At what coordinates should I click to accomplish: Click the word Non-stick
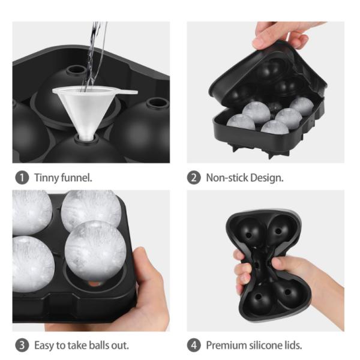coord(226,178)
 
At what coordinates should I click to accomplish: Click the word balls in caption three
coord(100,345)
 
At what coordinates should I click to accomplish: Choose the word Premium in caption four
coord(225,345)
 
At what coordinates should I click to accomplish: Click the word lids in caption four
coord(292,345)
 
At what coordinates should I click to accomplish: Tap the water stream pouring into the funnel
coord(92,54)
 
